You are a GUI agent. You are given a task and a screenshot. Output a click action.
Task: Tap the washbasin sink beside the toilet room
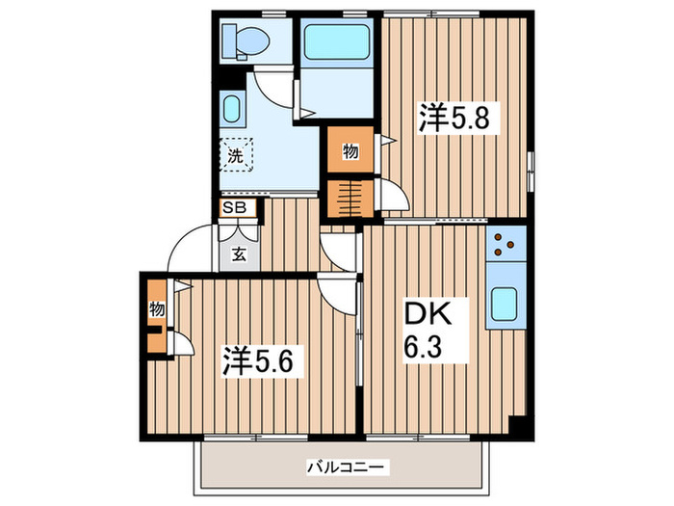(233, 106)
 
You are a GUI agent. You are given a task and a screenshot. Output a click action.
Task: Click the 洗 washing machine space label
(235, 154)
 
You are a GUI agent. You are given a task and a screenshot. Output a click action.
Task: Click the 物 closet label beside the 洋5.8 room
(350, 151)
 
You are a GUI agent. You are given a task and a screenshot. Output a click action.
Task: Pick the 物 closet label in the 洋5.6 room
(156, 309)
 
